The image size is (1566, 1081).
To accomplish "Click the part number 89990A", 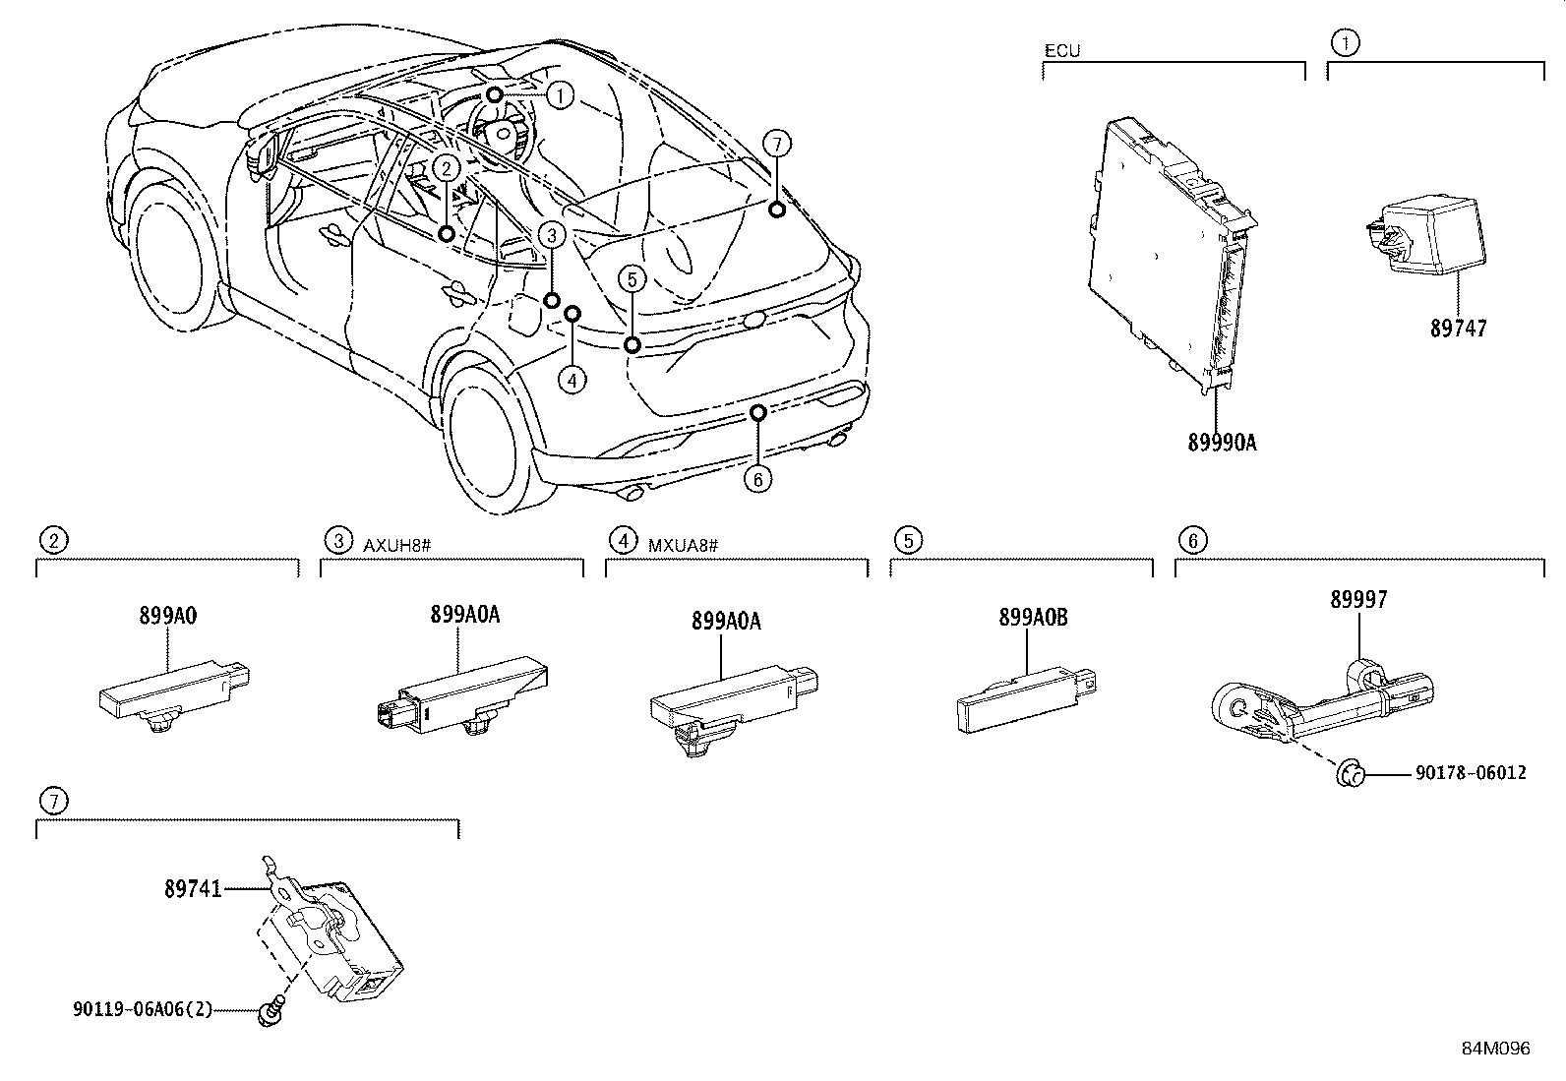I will pos(1222,443).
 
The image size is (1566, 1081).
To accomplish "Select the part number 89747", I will pos(1458,329).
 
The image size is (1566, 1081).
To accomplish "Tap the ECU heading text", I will pos(1061,51).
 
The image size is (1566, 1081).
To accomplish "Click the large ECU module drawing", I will pos(1171,256).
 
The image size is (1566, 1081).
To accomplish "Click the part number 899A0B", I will pos(1032,618).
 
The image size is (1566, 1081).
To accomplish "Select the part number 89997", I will pos(1358,600).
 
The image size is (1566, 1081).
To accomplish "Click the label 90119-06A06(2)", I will pos(142,1009).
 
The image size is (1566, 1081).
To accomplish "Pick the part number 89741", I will pos(193,889).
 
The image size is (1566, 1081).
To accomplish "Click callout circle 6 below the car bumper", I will pos(756,479).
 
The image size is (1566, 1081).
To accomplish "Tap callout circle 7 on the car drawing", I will pos(776,145).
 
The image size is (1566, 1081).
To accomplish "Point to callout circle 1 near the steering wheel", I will pos(559,95).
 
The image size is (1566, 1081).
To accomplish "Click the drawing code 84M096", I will pos(1495,1049).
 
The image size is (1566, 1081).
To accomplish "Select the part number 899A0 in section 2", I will pos(167,617).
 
